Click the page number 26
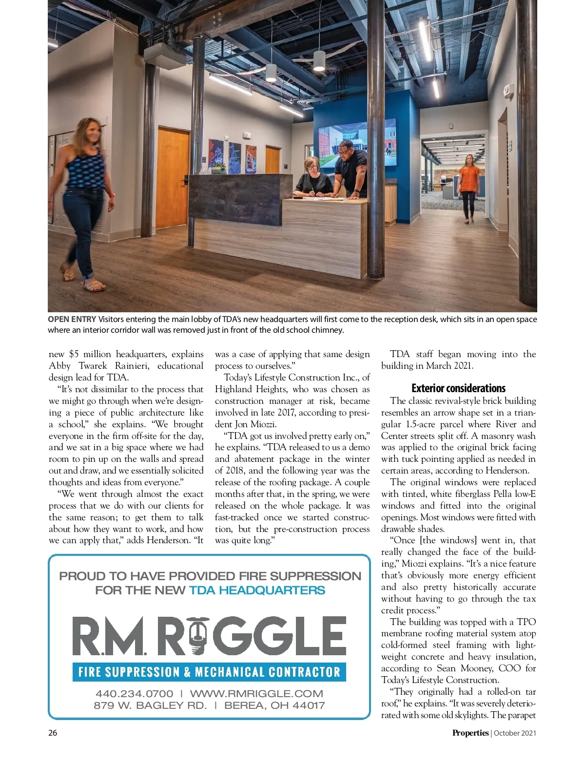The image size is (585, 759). (53, 733)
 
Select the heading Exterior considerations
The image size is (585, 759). (458, 388)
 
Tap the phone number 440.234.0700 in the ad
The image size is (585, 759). (134, 693)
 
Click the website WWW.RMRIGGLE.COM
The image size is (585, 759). (256, 693)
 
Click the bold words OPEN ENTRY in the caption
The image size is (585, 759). (72, 320)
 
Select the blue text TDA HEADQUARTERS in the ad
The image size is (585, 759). (257, 590)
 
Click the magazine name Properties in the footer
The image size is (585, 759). (470, 733)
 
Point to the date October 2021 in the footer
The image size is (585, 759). (515, 733)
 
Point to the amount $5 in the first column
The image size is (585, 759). (74, 354)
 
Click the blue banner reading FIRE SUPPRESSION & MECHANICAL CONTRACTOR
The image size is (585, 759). (209, 672)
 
